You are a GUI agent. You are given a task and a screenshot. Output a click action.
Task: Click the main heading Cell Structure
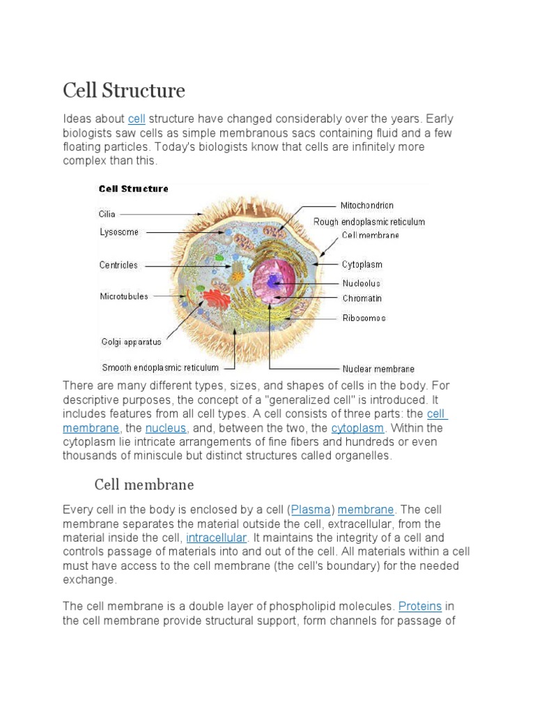click(x=124, y=91)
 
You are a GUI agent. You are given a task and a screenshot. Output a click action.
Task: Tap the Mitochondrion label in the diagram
click(x=366, y=206)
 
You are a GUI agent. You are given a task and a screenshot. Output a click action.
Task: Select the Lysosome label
click(x=119, y=232)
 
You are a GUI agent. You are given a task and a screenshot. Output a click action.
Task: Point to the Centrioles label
click(x=118, y=265)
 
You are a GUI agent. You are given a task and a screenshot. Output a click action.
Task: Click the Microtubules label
click(x=124, y=296)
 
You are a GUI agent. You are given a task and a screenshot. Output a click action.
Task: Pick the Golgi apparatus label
click(x=132, y=342)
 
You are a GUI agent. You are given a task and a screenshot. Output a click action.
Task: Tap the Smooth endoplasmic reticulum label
click(x=160, y=367)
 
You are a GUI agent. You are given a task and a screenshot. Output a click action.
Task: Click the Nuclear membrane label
click(x=378, y=369)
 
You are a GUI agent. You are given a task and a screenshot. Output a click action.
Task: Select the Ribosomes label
click(x=364, y=318)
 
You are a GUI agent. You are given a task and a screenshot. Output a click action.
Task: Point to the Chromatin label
click(x=362, y=298)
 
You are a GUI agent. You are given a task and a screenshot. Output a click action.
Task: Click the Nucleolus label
click(x=362, y=284)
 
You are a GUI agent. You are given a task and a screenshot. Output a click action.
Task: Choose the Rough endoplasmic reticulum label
click(x=369, y=222)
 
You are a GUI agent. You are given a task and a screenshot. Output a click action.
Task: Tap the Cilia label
click(x=107, y=214)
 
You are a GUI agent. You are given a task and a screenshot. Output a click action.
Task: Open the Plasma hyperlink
click(x=311, y=510)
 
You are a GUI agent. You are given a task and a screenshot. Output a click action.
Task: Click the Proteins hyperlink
click(x=420, y=606)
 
